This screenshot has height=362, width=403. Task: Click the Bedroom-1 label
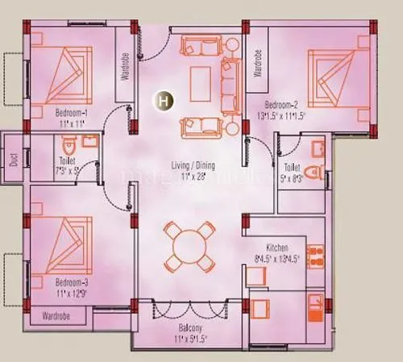(71, 113)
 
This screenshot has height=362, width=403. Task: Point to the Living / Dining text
(194, 165)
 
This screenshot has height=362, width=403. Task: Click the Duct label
(13, 158)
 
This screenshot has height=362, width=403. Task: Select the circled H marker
(164, 101)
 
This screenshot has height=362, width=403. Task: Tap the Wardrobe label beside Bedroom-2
(258, 63)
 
